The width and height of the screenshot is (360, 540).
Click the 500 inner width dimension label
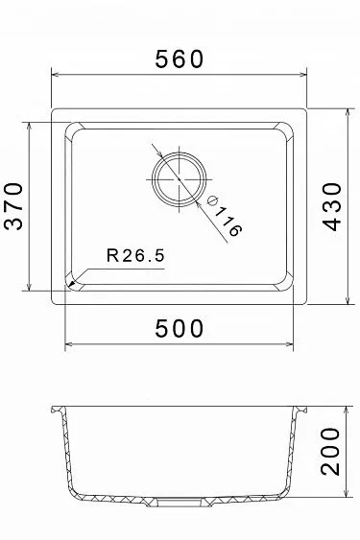[x=180, y=328]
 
